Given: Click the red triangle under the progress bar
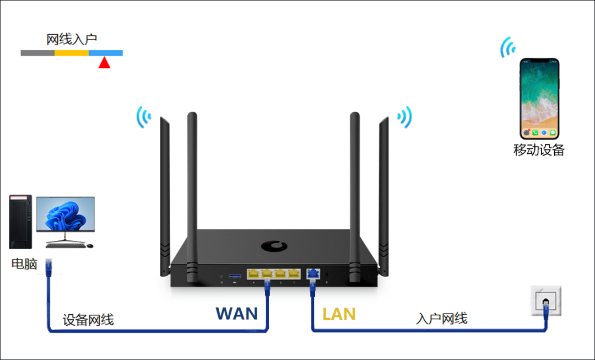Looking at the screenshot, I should [104, 63].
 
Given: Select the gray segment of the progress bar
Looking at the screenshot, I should [37, 53].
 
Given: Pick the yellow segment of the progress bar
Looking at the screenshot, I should [72, 53].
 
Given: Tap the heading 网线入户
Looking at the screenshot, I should [72, 39].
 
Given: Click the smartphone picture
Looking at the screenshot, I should [539, 99].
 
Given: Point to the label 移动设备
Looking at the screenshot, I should [539, 150].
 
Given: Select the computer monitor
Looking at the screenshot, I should [65, 216].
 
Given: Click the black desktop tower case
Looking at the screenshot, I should [20, 221].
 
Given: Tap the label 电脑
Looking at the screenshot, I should [24, 264].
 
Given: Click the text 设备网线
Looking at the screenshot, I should [88, 320].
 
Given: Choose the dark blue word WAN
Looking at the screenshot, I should [237, 314].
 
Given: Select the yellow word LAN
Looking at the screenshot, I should [339, 314].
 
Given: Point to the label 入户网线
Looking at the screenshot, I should [442, 318].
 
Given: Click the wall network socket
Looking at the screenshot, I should [545, 300].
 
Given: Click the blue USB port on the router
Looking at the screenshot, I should [235, 275].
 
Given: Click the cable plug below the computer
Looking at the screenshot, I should [48, 266].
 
